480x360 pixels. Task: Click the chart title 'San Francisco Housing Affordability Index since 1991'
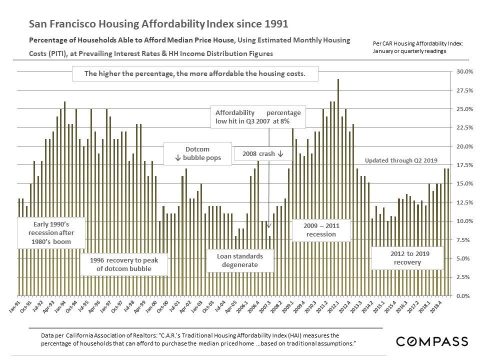158,24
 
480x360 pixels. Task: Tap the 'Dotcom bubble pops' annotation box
197,154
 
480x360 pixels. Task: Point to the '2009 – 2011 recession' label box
321,230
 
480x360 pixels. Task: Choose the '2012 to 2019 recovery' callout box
407,258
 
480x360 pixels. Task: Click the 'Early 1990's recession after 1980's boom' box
51,233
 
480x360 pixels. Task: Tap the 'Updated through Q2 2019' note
401,160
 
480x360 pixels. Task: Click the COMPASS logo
432,341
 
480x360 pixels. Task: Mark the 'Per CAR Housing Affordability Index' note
418,47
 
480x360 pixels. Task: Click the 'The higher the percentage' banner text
194,73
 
